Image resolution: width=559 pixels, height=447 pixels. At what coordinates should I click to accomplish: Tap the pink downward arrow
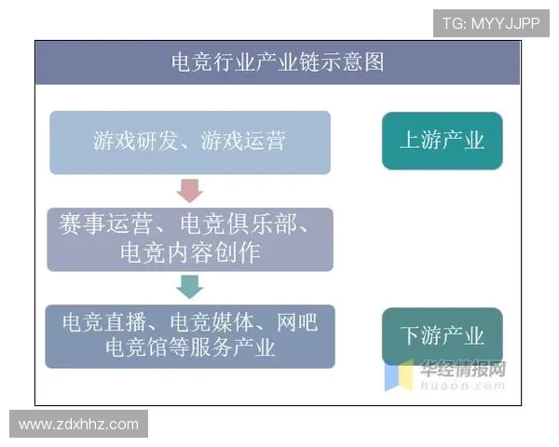click(x=189, y=191)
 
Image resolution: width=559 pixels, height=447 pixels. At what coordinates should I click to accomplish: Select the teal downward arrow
click(x=189, y=287)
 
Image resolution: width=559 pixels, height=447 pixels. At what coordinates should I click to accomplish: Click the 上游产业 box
click(x=442, y=141)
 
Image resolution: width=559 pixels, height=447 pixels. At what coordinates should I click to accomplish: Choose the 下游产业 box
click(x=442, y=336)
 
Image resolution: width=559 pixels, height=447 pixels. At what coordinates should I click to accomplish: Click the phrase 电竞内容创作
click(x=190, y=252)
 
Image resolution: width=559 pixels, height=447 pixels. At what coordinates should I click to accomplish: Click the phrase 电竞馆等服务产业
click(x=190, y=348)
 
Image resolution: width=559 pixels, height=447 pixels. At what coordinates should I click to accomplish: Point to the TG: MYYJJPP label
click(x=490, y=23)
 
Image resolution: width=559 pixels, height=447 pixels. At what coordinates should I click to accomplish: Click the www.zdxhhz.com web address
click(x=78, y=425)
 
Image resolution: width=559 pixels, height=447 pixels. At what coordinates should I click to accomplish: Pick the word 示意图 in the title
click(x=353, y=62)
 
